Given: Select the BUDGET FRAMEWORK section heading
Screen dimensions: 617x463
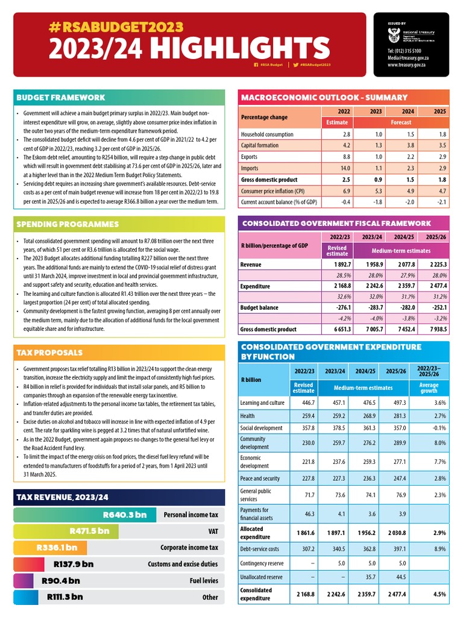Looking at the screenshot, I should click(60, 98).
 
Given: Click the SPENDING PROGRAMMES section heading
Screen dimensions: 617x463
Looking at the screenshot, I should click(67, 224).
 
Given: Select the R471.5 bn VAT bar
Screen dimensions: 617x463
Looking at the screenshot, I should click(66, 531).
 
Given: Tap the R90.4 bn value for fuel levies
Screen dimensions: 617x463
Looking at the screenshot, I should click(61, 581).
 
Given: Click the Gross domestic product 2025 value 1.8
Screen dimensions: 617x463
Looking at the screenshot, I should click(443, 180).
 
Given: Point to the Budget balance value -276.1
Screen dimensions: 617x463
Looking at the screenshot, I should click(338, 308).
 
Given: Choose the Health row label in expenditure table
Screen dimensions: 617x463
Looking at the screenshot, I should click(248, 416).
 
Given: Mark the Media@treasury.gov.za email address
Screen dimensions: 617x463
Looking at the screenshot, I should click(409, 58).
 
